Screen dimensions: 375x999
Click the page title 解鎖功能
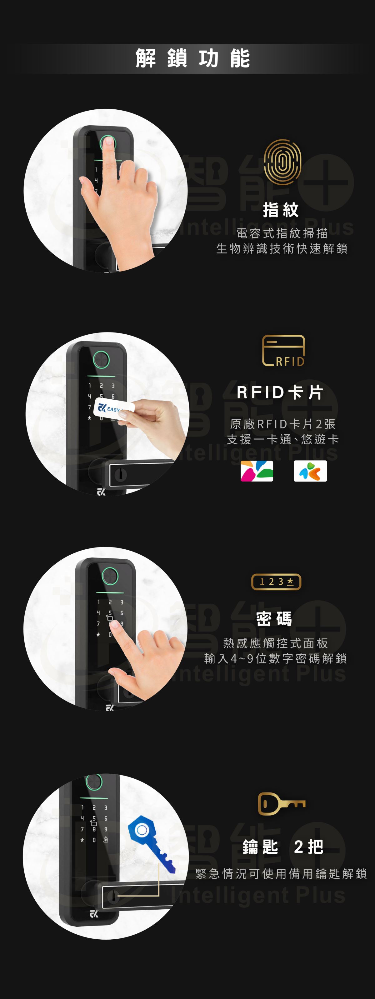(193, 58)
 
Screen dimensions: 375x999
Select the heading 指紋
(281, 210)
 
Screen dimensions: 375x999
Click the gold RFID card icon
(283, 351)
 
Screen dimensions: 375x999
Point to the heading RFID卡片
(280, 392)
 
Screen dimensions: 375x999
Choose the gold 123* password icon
(276, 582)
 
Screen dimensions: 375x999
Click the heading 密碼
(274, 619)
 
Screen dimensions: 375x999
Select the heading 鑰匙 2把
(283, 847)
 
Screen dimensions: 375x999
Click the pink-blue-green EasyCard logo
(257, 471)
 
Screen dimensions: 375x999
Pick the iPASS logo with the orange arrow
(310, 471)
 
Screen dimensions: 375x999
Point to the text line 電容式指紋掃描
(282, 233)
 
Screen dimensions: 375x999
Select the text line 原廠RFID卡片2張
(283, 424)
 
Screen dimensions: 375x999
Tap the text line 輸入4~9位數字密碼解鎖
(275, 658)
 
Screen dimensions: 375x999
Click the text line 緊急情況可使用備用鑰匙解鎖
(281, 873)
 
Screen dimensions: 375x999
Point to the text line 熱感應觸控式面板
(275, 643)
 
